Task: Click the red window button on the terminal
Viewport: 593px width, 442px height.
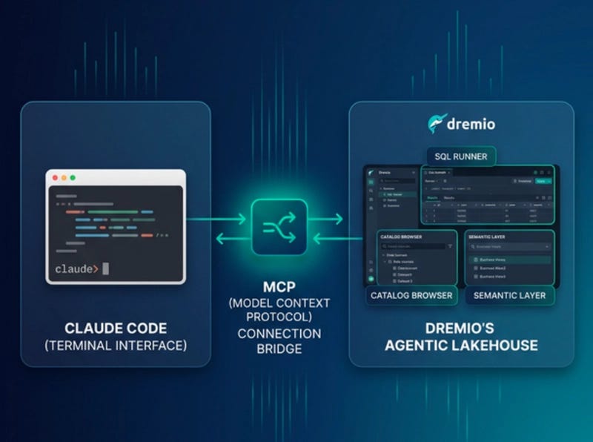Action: pos(54,178)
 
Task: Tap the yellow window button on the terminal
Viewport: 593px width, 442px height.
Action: pos(64,178)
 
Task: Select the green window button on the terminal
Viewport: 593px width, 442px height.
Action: pos(73,178)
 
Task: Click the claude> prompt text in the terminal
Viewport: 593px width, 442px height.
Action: pos(76,268)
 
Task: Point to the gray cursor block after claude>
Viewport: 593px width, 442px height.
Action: pos(106,268)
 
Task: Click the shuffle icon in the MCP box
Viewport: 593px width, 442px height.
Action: pos(279,228)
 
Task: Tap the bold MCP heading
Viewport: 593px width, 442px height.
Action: pos(279,286)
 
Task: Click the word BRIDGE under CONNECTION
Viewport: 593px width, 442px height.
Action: pos(279,349)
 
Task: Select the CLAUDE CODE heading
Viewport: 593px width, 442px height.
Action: pos(116,328)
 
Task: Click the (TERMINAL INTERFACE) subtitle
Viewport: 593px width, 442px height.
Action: pos(116,346)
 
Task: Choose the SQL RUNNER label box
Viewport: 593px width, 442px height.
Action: pos(461,156)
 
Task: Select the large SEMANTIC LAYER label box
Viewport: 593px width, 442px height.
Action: pos(511,295)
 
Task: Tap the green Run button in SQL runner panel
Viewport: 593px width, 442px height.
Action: pos(544,180)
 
